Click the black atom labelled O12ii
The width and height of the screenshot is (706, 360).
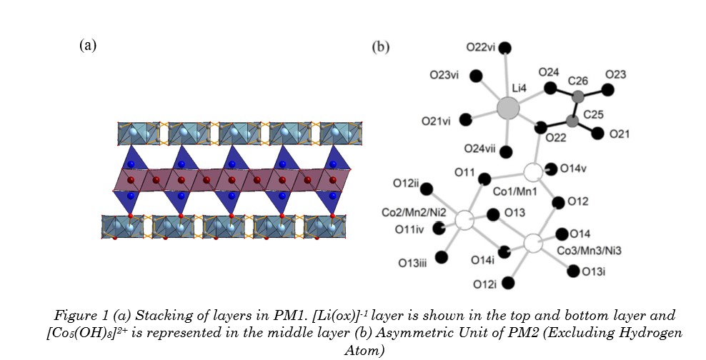[427, 190]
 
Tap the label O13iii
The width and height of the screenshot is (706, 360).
[413, 264]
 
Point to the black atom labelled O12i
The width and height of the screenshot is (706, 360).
[509, 284]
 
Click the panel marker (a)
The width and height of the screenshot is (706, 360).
[87, 46]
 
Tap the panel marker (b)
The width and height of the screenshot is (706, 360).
[381, 47]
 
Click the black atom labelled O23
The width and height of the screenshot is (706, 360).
[607, 90]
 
